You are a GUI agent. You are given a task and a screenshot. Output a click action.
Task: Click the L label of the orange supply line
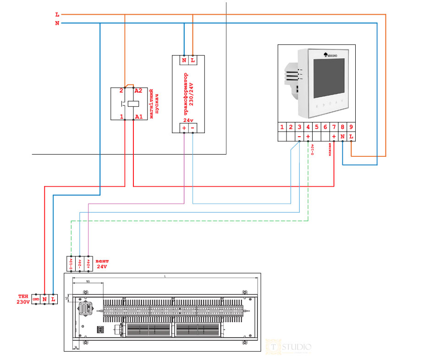click(x=57, y=15)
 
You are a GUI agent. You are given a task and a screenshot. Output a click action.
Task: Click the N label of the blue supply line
click(x=57, y=23)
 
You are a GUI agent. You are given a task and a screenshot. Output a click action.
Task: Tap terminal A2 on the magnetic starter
click(x=138, y=91)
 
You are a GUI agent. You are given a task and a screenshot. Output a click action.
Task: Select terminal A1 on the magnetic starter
click(x=138, y=117)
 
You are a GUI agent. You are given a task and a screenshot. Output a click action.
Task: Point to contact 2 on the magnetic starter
click(x=122, y=91)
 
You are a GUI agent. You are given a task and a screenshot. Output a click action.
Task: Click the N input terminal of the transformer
click(x=184, y=60)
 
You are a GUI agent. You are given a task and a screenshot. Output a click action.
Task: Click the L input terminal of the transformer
click(x=193, y=60)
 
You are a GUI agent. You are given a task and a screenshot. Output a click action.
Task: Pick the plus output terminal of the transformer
click(x=184, y=127)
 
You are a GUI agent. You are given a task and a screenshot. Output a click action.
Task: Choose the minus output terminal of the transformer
click(x=193, y=127)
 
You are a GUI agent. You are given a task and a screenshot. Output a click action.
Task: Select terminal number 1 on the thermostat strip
click(x=282, y=127)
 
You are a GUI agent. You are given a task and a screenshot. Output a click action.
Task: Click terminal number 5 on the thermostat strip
click(x=317, y=127)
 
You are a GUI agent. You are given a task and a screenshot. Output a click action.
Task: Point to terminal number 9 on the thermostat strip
click(x=351, y=127)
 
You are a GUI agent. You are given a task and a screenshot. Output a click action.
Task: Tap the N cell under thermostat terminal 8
click(x=342, y=136)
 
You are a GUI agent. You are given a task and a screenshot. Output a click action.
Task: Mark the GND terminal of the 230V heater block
click(x=36, y=299)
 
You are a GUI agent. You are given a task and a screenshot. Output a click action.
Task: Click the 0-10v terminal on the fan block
click(x=71, y=264)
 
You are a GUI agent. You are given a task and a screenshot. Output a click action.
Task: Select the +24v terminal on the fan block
click(x=88, y=264)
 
